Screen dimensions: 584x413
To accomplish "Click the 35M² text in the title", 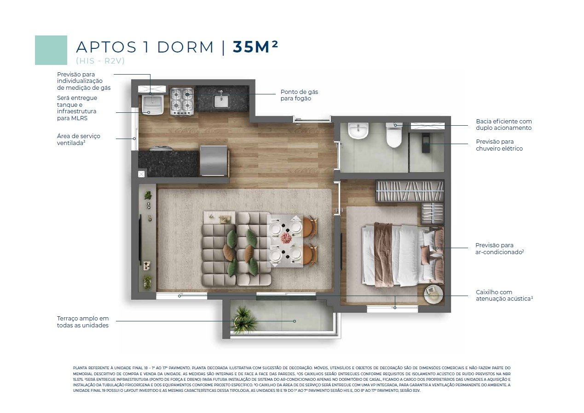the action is coord(255,47).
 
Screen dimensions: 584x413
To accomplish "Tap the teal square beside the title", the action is coord(51,50).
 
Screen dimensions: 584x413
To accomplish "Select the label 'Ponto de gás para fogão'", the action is coord(299,95).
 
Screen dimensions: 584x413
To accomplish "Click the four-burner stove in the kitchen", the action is coord(182,101).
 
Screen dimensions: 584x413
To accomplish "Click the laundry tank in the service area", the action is coord(152,105).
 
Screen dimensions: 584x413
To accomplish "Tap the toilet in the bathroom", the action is coord(394,134).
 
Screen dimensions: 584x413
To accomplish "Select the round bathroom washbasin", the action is coord(358,131).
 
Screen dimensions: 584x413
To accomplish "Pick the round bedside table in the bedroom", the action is coord(433,294).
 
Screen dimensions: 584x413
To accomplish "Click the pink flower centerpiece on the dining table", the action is coord(286,238).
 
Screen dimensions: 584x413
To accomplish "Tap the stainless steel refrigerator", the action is coord(214,160).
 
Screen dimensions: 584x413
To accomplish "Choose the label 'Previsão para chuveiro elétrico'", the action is coord(499,145).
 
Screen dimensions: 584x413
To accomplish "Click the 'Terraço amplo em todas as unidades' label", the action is coord(83,322).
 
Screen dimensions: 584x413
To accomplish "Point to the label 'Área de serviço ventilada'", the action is coord(79,140).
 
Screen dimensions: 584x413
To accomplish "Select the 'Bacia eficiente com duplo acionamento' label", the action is coord(504,124).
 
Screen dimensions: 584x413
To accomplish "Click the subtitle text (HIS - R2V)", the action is coord(100,61).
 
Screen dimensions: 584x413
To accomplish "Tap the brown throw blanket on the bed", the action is coord(383,254).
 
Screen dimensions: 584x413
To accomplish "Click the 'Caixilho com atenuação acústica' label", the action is coord(504,295).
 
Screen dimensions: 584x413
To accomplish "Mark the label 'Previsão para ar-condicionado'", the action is coord(499,249).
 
